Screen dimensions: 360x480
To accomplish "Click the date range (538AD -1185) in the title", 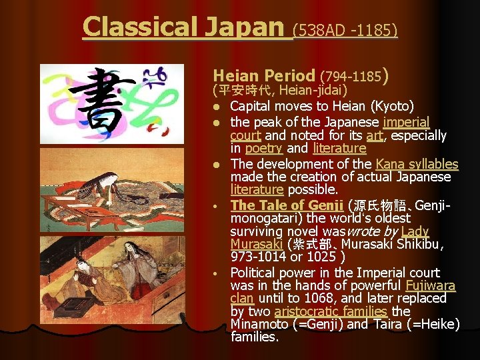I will coord(345,29).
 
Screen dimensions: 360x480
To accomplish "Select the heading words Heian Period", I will coord(263,75).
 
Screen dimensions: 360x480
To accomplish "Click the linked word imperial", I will coord(406,122).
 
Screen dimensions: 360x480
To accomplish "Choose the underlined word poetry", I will coord(263,148).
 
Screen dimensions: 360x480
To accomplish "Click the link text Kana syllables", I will coord(417,164).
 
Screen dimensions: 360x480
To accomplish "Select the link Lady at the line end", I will coord(415,231).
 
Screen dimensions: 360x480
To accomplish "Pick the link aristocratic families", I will coord(331,311).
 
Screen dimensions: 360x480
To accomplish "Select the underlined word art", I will coord(374,135).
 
